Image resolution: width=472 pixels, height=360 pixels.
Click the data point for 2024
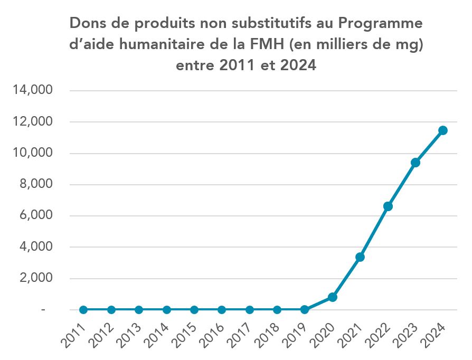point(443,130)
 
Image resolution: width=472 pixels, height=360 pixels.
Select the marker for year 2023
point(416,163)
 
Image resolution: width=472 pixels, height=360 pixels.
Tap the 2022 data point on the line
point(388,206)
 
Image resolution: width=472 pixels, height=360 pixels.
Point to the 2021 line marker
point(360,257)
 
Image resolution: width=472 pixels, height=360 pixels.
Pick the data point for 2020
point(333,297)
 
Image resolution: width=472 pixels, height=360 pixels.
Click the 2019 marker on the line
point(305,310)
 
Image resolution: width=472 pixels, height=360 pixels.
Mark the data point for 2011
point(83,310)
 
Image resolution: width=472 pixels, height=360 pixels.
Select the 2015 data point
point(194,310)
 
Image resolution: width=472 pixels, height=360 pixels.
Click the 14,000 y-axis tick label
point(33,91)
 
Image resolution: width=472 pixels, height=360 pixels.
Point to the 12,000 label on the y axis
point(33,122)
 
